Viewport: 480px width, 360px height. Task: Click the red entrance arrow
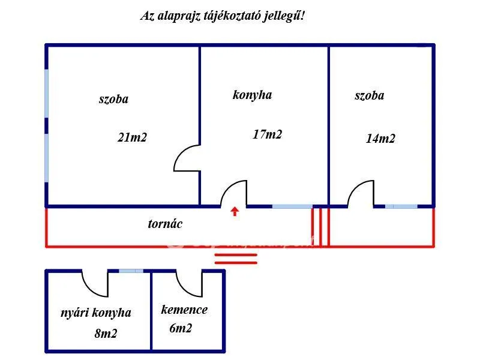(x=235, y=211)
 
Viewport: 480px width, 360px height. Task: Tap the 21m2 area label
(x=132, y=137)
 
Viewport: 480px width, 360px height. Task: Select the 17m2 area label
(x=267, y=134)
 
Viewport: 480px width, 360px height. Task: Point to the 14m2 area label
(x=380, y=139)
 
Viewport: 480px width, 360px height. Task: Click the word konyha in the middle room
(x=252, y=95)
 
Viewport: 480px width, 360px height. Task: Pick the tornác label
(x=165, y=224)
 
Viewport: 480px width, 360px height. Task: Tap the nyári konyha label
(x=95, y=313)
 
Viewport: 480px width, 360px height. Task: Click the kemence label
(x=184, y=310)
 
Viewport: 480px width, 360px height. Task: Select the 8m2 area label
(x=106, y=334)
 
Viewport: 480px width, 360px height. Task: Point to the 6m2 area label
(x=181, y=328)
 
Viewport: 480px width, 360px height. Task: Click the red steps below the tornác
(x=236, y=259)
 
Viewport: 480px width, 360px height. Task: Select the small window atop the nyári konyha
(x=131, y=271)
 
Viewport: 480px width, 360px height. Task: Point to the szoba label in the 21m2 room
(x=113, y=99)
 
